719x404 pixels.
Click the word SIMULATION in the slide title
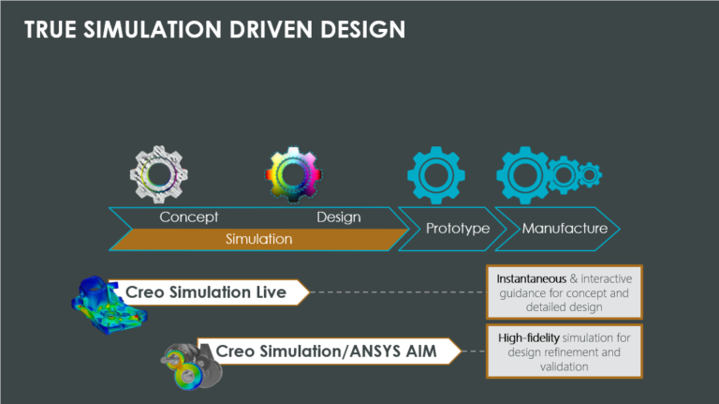coord(153,30)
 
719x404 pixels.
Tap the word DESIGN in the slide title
coord(362,30)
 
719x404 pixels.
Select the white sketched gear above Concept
coord(159,174)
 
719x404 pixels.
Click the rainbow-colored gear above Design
coord(293,174)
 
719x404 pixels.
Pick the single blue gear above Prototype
coord(436,175)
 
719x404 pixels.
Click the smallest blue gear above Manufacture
coord(590,174)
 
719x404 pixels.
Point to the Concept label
coord(189,217)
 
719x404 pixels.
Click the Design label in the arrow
coord(339,217)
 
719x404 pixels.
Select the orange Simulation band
coord(259,239)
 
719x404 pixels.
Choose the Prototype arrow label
coord(458,228)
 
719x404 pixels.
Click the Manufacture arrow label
coord(565,228)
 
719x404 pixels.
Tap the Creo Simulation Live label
coord(206,292)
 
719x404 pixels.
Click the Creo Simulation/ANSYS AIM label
coord(326,352)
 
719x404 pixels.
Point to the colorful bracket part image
coord(109,305)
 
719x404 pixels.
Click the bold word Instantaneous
coord(531,278)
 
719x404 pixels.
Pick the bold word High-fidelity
coord(529,337)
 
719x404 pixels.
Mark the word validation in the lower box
coord(564,367)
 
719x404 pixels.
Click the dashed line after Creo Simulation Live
coord(398,292)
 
